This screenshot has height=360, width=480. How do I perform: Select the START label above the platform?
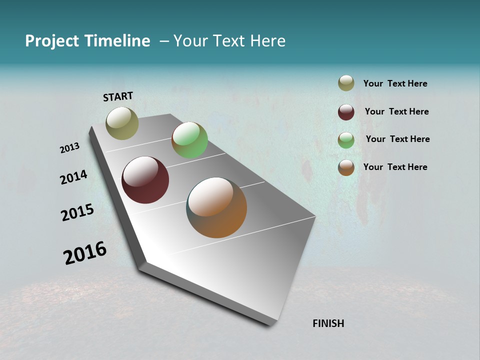pyautogui.click(x=118, y=96)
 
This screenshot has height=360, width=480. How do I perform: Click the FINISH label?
pyautogui.click(x=328, y=323)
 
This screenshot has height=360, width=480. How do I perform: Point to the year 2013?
pyautogui.click(x=69, y=148)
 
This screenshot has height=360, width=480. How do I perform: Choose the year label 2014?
pyautogui.click(x=73, y=177)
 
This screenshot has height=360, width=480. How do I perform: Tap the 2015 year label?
pyautogui.click(x=77, y=212)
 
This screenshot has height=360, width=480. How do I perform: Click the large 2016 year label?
pyautogui.click(x=85, y=253)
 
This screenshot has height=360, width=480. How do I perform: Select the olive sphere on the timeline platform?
pyautogui.click(x=122, y=123)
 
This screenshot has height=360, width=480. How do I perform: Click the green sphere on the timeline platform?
pyautogui.click(x=189, y=140)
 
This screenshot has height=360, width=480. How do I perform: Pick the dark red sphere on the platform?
pyautogui.click(x=145, y=180)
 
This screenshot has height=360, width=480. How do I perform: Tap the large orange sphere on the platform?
pyautogui.click(x=216, y=207)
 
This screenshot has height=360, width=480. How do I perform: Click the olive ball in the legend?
pyautogui.click(x=346, y=83)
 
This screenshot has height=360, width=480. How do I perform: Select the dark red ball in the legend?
pyautogui.click(x=346, y=112)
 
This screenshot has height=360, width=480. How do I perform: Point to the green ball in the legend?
pyautogui.click(x=346, y=140)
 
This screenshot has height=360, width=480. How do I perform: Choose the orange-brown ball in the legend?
pyautogui.click(x=346, y=167)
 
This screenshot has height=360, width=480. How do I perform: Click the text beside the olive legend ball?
pyautogui.click(x=395, y=83)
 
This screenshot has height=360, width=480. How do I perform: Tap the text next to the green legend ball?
pyautogui.click(x=397, y=139)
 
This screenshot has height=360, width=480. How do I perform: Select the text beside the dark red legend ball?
pyautogui.click(x=396, y=111)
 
